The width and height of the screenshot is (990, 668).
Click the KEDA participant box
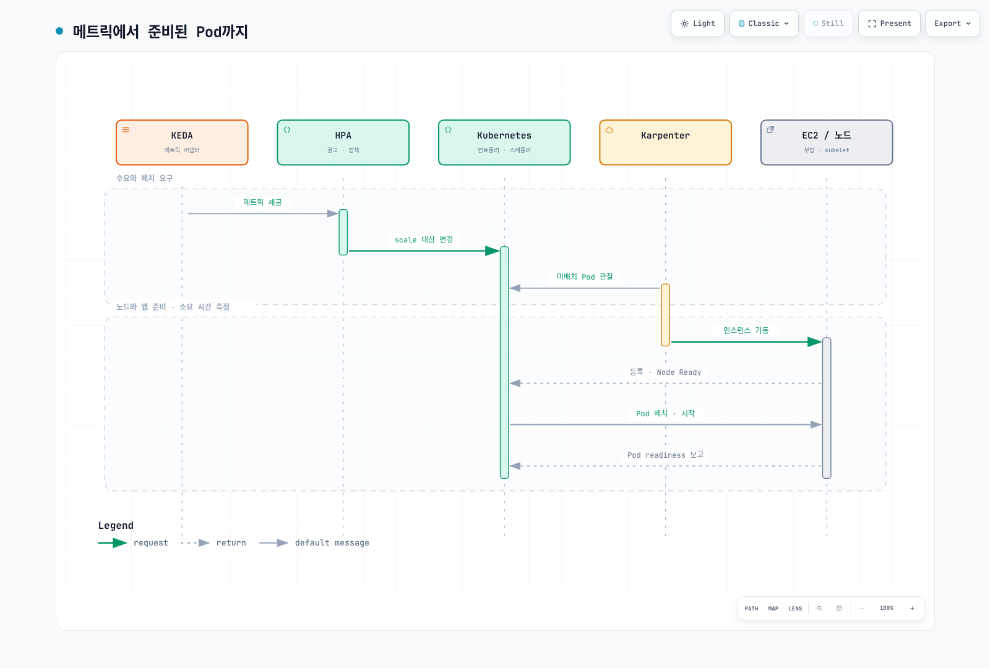click(182, 142)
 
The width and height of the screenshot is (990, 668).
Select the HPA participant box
click(343, 142)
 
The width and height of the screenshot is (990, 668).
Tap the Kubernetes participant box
click(504, 142)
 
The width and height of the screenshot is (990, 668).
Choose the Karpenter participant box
click(665, 142)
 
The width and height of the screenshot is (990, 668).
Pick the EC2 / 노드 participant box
click(827, 142)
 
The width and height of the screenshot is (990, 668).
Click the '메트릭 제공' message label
click(262, 202)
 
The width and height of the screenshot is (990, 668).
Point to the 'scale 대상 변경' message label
click(424, 239)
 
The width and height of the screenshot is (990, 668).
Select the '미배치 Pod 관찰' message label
click(585, 276)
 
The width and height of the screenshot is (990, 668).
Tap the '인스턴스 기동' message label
click(746, 330)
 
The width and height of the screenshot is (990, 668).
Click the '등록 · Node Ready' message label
click(665, 372)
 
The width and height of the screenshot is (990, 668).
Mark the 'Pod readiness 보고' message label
click(665, 455)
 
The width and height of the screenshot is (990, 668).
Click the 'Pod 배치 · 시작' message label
click(665, 414)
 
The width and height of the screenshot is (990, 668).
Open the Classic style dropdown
click(764, 24)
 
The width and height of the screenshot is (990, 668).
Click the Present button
click(889, 24)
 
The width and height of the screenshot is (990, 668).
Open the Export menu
click(952, 24)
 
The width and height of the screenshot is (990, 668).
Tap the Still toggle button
click(829, 24)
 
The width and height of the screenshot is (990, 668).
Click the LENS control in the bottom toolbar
click(795, 609)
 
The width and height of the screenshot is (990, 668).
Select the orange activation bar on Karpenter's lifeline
click(665, 315)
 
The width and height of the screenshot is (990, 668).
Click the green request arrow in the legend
click(113, 542)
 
